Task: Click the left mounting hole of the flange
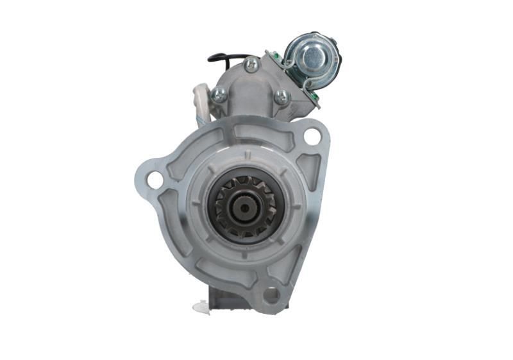pyautogui.click(x=155, y=180)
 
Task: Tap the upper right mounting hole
pyautogui.click(x=312, y=135)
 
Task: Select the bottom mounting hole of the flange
pyautogui.click(x=271, y=295)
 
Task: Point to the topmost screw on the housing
pyautogui.click(x=251, y=64)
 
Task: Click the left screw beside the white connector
pyautogui.click(x=219, y=95)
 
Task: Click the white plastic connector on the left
pyautogui.click(x=201, y=99)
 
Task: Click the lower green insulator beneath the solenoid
pyautogui.click(x=314, y=96)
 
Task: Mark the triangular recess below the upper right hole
pyautogui.click(x=309, y=168)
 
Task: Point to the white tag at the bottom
pyautogui.click(x=201, y=307)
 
